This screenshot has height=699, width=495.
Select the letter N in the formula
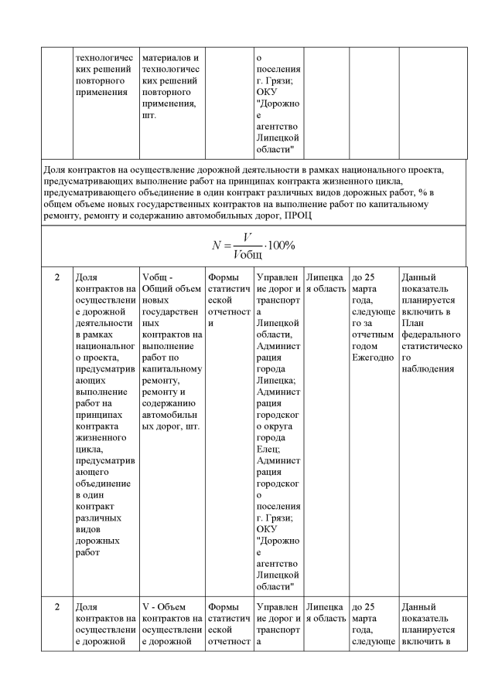pos(217,245)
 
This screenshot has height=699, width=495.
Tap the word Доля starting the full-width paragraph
pos(56,168)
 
